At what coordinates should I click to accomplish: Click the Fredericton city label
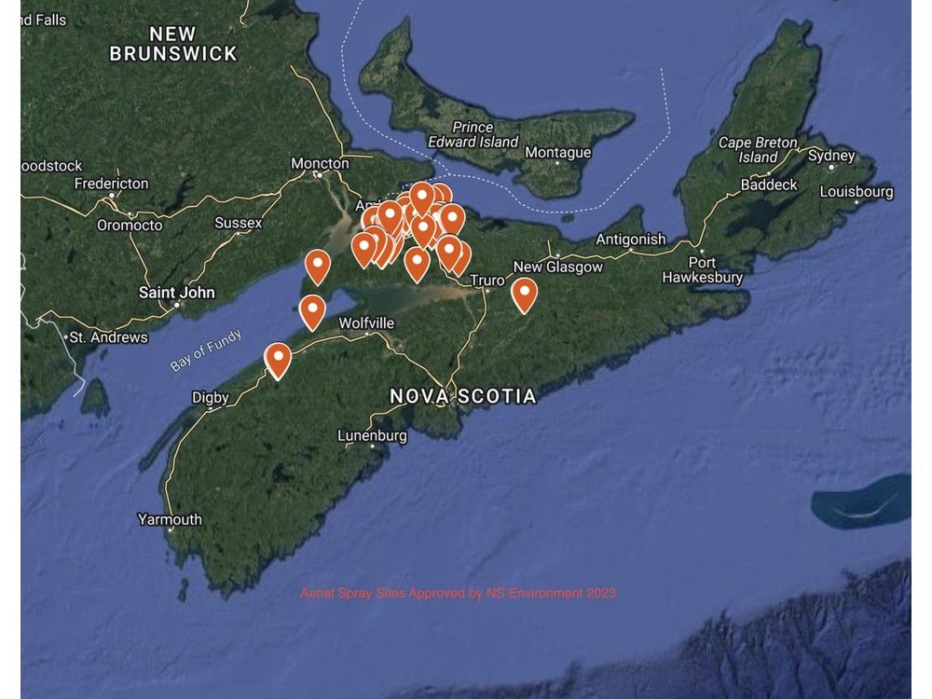111,184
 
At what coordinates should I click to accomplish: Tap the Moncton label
320,163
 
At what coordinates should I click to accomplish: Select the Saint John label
176,293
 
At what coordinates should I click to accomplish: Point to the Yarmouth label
169,519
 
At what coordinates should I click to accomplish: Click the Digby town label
210,397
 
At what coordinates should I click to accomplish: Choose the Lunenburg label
371,435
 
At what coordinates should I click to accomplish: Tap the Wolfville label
366,323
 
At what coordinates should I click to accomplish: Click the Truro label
487,280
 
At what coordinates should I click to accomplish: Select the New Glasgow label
558,267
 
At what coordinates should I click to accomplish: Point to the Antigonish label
631,240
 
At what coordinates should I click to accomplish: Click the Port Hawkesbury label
703,269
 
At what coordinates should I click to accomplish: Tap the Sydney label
831,156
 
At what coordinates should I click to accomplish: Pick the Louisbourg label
856,192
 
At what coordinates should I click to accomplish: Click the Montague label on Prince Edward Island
557,152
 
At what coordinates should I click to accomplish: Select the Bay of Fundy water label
206,349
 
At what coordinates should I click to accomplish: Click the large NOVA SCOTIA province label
463,396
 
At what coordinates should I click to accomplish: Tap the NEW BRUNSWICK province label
173,45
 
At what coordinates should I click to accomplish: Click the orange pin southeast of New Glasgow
525,294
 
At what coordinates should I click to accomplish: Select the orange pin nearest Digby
278,360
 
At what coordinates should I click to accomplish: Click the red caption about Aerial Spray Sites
458,593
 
